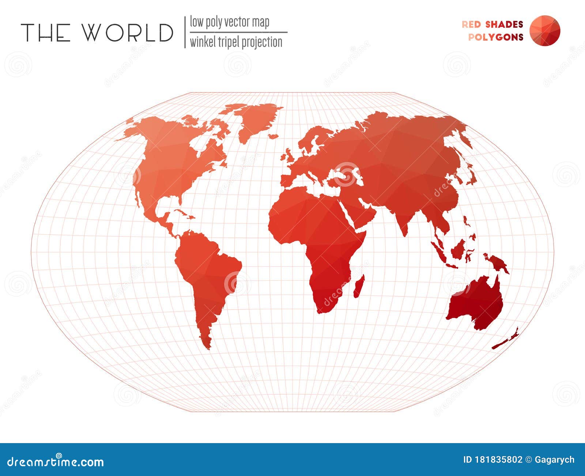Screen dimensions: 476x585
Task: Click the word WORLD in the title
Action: tap(127, 33)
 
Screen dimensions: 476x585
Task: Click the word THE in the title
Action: tap(46, 33)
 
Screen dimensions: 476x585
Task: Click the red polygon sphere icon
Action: tap(544, 31)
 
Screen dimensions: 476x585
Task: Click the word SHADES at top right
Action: tap(504, 24)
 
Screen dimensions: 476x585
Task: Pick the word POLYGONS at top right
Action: tap(496, 37)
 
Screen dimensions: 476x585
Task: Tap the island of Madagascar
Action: tap(359, 286)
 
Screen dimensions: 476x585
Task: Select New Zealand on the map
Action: tap(506, 340)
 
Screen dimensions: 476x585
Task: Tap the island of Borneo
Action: tap(458, 250)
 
